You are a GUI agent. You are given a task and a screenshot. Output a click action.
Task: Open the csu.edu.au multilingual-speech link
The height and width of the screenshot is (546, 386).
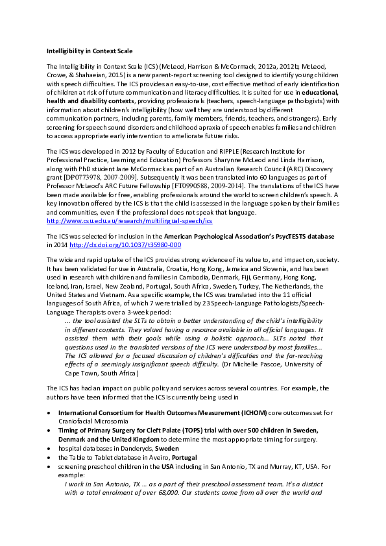129,220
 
